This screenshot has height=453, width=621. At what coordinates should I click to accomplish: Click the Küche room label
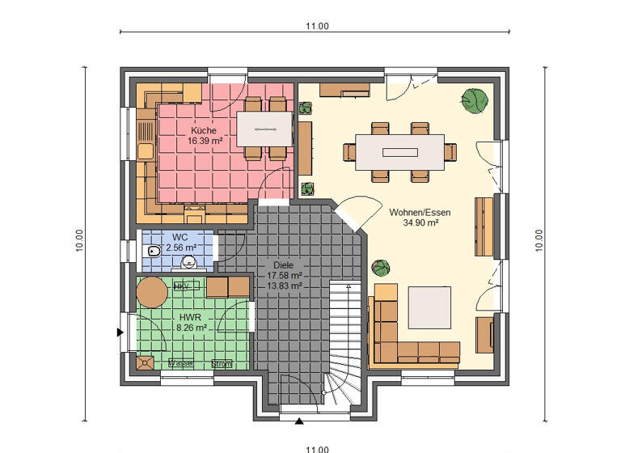pos(203,130)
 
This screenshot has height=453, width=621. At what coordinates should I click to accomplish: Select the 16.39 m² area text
pos(205,141)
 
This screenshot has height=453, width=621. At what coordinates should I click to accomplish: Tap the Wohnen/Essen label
pos(420,212)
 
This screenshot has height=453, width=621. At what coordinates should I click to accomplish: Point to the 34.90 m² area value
pos(420,222)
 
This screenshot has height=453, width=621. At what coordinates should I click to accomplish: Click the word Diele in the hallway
pos(284,265)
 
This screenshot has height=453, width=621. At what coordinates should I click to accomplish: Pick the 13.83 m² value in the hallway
pos(284,286)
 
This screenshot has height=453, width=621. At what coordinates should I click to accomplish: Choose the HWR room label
pos(191,317)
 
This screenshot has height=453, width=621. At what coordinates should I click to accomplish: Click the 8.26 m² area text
pos(192,328)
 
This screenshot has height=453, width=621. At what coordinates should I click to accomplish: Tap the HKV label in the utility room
pos(181,287)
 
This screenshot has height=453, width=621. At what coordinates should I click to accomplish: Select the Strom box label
pos(222,364)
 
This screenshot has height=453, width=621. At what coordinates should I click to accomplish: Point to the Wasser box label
pos(180,364)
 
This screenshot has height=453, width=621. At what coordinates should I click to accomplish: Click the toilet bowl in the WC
pos(154,252)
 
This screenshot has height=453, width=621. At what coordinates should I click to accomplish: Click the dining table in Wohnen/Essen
pos(399,151)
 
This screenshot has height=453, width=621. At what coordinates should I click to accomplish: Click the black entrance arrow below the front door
pos(300,421)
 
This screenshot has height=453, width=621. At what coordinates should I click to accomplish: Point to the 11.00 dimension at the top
pos(317,26)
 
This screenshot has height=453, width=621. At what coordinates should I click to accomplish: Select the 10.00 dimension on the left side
pos(78,240)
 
